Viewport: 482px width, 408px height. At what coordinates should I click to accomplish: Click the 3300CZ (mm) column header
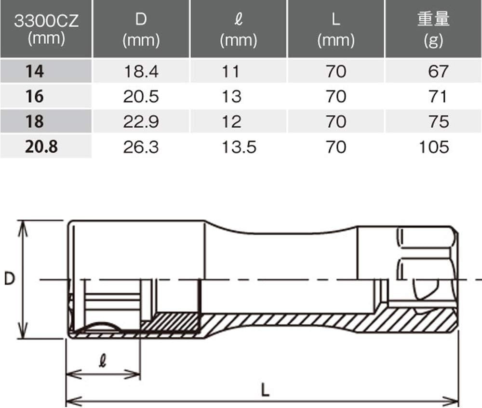click(x=46, y=29)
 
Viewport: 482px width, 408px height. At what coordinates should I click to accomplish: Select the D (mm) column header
click(x=141, y=30)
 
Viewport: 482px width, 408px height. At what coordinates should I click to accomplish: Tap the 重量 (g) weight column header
click(x=433, y=30)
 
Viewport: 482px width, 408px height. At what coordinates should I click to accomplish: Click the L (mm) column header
click(x=336, y=30)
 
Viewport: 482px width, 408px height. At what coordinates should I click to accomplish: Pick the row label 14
click(x=35, y=71)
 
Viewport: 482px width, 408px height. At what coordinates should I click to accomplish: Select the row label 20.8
click(x=41, y=146)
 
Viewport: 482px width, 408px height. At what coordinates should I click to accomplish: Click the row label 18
click(x=35, y=121)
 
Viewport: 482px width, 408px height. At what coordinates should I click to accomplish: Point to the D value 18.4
click(x=141, y=71)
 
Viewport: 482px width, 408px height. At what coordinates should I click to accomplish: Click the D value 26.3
click(x=141, y=147)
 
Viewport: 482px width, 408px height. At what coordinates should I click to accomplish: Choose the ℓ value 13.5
click(x=239, y=147)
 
